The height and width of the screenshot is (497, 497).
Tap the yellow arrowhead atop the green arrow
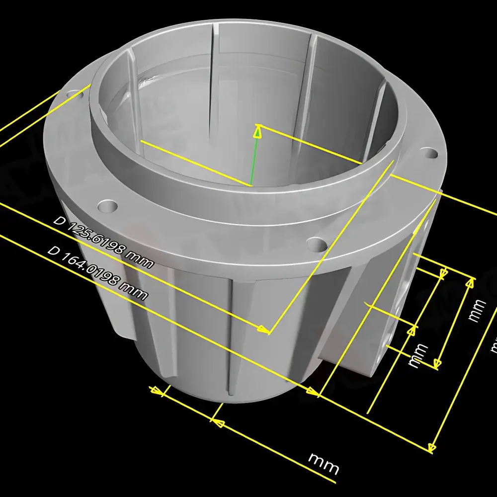257,131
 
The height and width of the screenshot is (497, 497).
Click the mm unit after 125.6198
140,260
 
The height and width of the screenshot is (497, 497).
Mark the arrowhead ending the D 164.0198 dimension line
312,392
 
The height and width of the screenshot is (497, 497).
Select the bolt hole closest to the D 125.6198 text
107,205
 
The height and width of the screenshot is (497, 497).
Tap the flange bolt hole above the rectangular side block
428,153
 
